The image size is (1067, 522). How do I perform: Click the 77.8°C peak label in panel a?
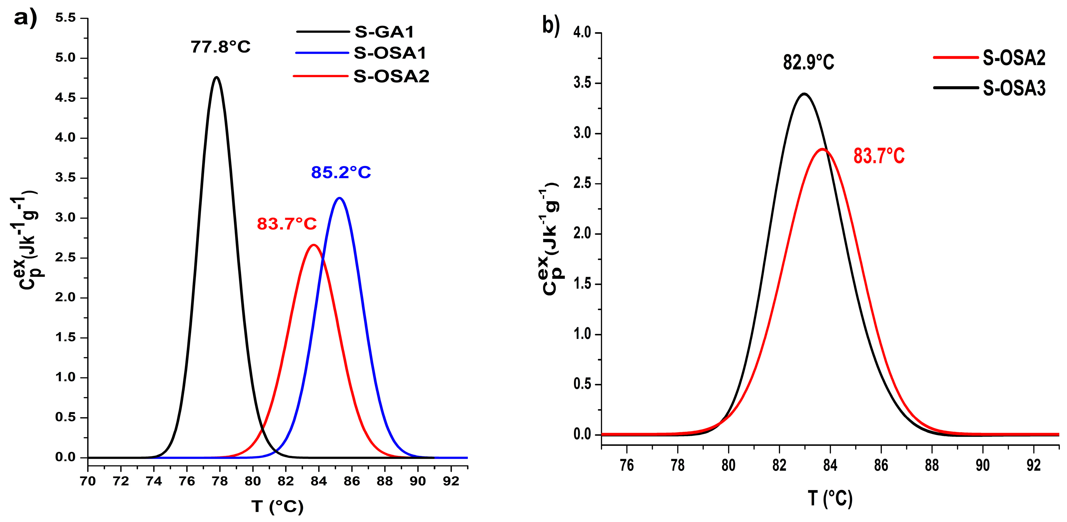click(220, 47)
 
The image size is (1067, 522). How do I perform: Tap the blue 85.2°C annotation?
click(341, 173)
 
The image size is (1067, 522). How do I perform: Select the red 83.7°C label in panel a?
click(287, 224)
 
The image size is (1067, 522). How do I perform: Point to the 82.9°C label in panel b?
click(808, 63)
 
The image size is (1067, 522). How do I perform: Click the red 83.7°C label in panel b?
click(879, 157)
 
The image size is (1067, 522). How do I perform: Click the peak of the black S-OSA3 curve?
click(804, 94)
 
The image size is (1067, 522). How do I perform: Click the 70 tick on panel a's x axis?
click(88, 482)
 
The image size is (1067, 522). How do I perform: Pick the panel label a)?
click(25, 19)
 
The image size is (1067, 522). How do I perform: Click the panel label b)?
click(551, 26)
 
